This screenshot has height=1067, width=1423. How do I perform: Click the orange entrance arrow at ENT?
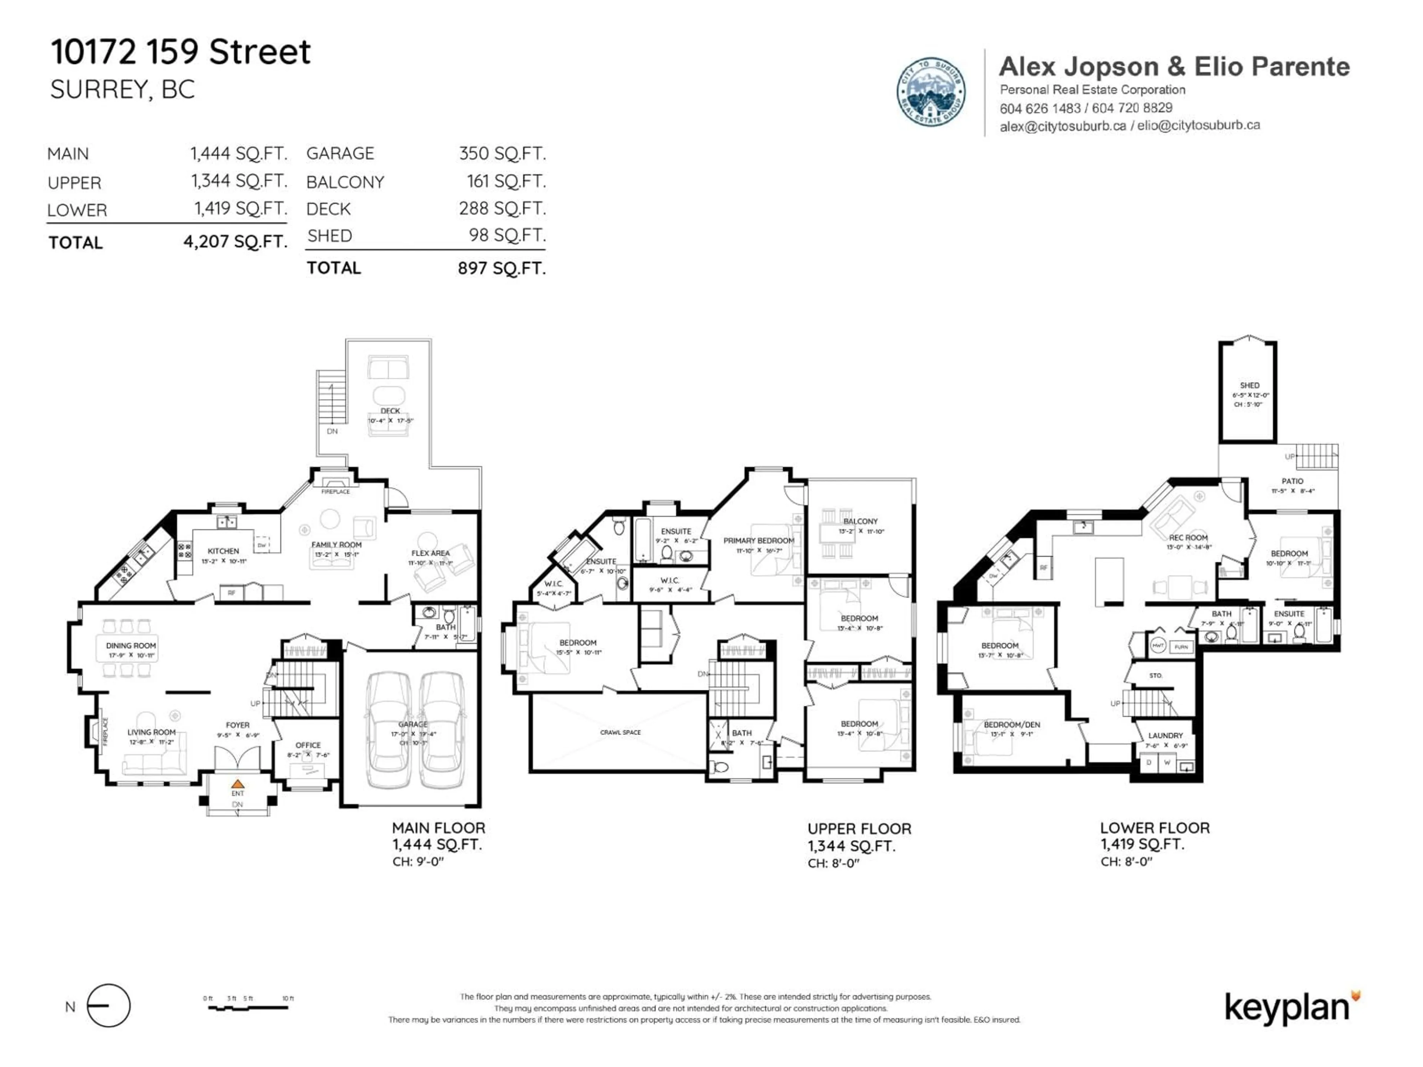238,783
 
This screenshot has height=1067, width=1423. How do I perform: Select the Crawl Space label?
620,732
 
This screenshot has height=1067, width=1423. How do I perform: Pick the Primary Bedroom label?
759,540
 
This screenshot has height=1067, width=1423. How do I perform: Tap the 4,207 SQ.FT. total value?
235,242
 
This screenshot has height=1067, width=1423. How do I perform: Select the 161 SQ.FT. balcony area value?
505,182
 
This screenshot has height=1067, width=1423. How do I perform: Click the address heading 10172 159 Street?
181,52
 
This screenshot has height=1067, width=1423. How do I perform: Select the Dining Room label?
131,645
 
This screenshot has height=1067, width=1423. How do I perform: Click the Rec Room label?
1188,537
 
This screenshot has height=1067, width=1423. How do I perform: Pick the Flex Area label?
430,552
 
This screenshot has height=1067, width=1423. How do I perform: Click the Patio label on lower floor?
1292,481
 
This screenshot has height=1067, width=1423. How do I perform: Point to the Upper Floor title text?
859,829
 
